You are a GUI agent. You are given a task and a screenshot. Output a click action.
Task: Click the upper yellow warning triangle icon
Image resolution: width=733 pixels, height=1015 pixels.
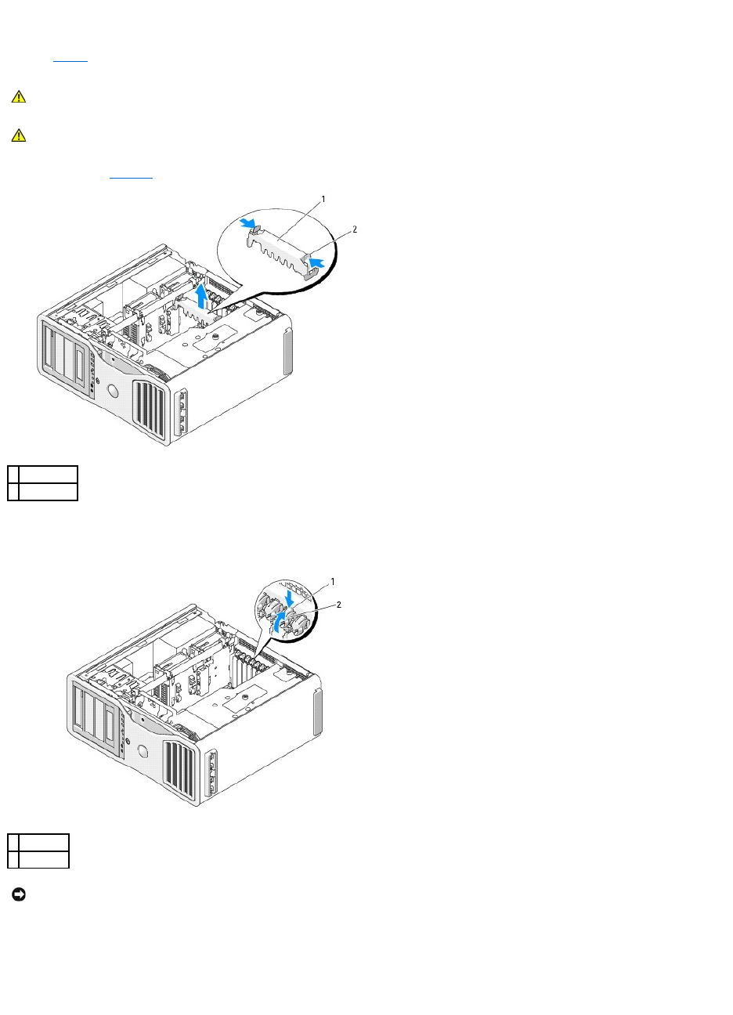[19, 97]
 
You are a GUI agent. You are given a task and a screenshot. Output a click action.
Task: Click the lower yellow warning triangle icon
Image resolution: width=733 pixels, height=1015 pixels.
[19, 135]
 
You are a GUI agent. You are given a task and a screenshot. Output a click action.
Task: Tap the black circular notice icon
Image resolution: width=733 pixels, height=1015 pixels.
[19, 894]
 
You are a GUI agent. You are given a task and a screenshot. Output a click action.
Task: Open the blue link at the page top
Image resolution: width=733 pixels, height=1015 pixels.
[70, 60]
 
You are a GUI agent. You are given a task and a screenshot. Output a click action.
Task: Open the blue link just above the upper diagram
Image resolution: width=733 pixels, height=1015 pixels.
[131, 177]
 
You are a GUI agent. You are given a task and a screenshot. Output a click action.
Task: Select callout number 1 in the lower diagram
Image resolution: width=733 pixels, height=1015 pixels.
[332, 582]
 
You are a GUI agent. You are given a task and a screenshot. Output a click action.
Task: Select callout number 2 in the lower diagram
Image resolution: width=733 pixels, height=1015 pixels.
[339, 605]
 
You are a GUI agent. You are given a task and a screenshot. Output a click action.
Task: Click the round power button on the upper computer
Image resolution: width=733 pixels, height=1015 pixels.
[110, 392]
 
